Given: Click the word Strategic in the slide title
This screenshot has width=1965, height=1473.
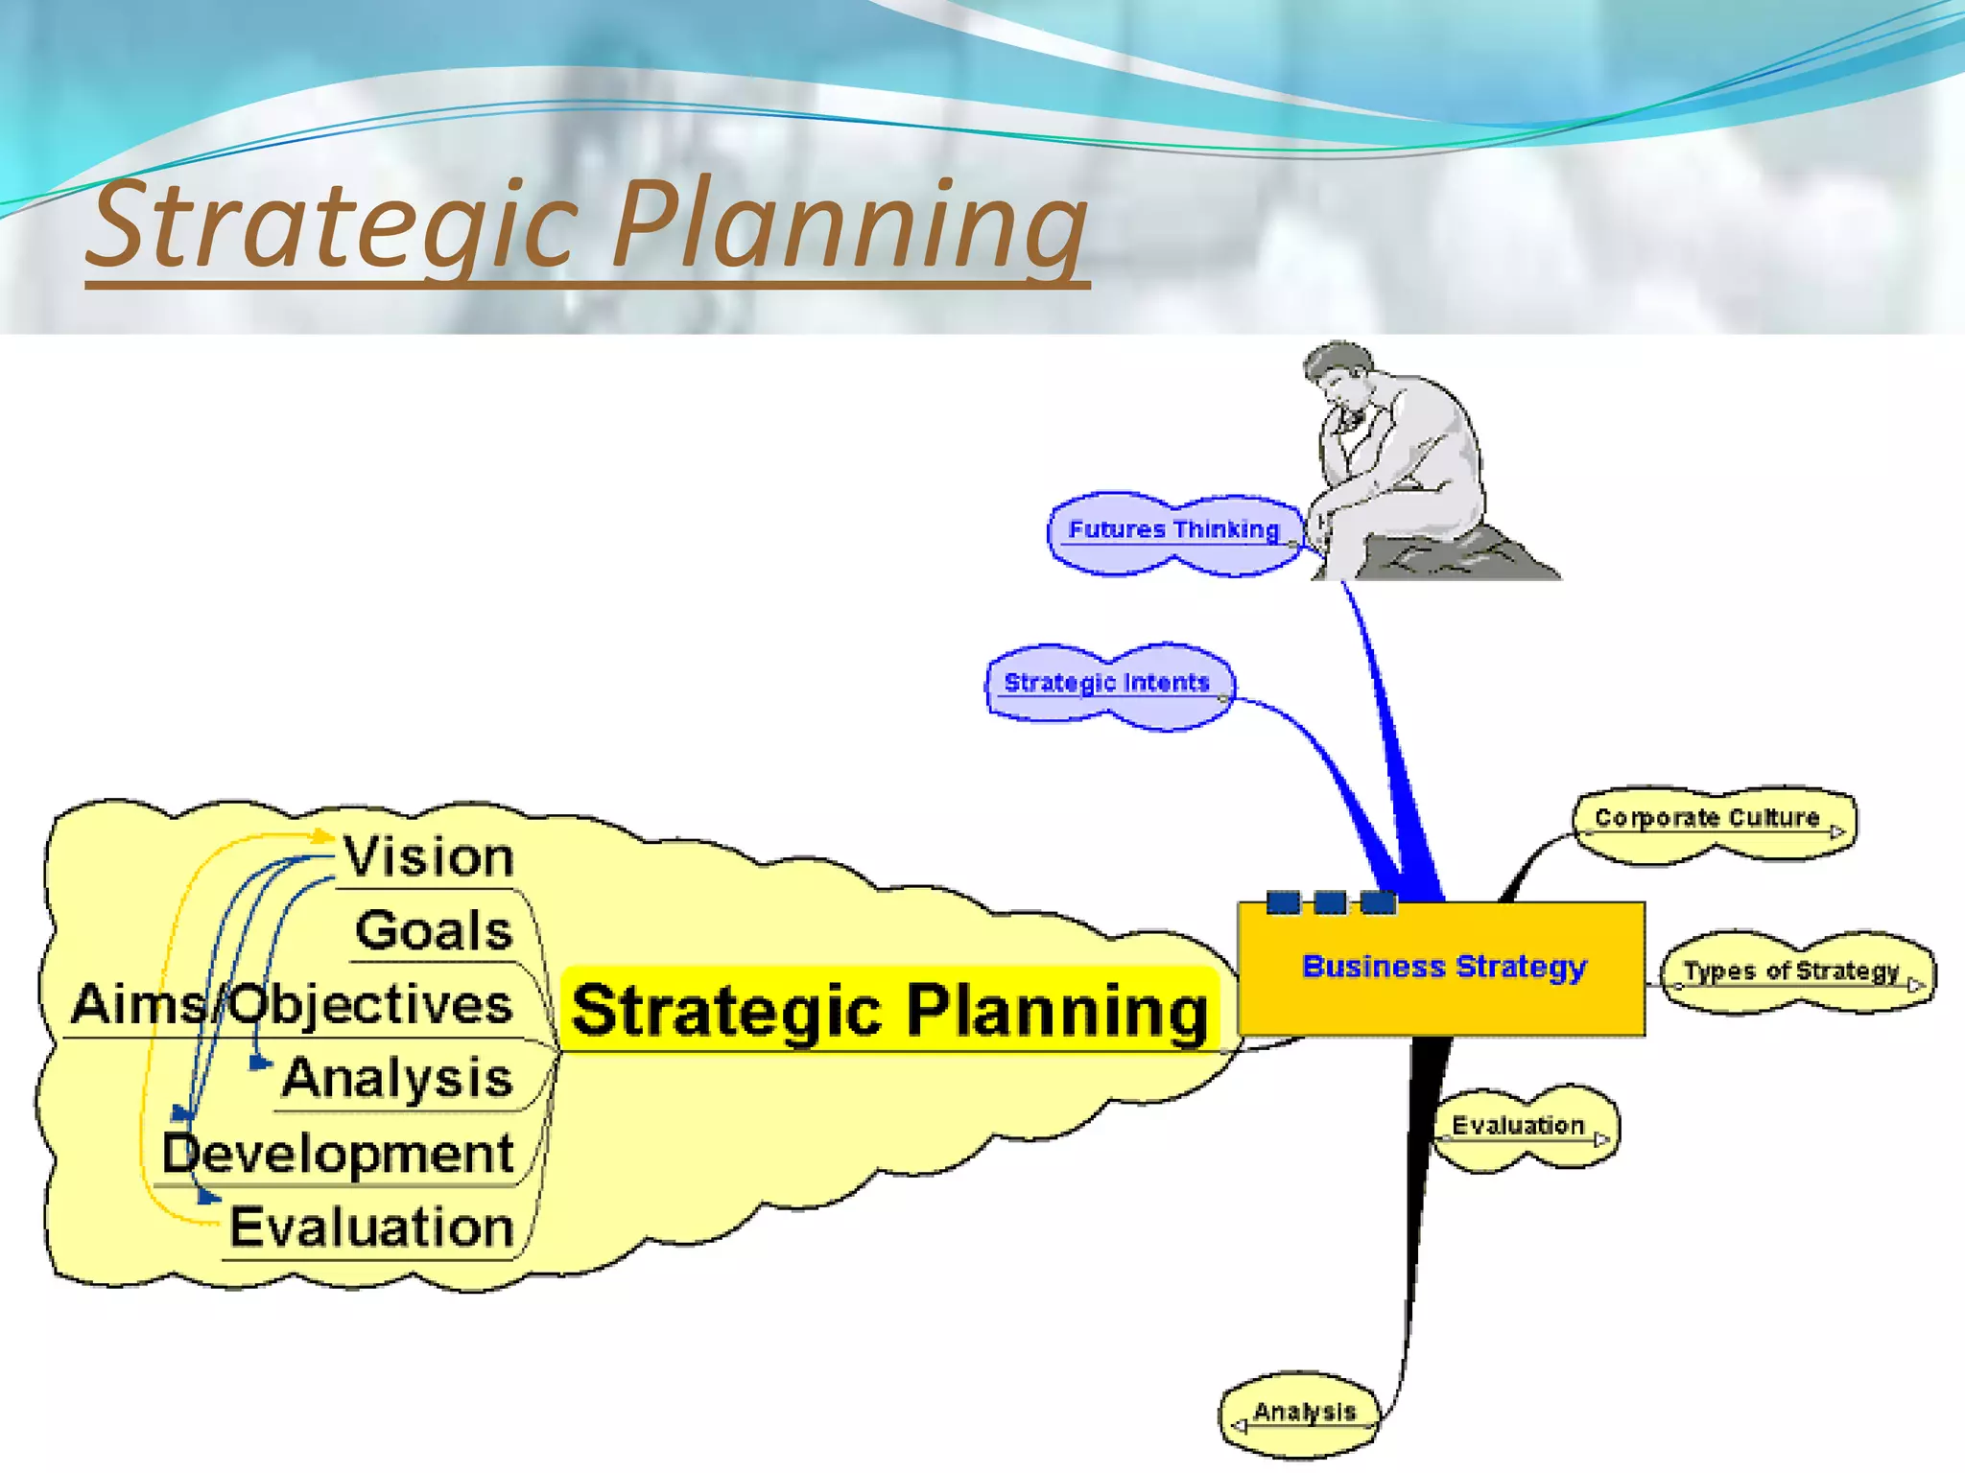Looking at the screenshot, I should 331,226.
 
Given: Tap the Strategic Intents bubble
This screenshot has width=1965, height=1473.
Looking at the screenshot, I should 1107,684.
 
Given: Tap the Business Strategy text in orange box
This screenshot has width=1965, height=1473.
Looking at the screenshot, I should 1444,967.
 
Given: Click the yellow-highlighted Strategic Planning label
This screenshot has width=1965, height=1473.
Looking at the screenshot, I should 888,1011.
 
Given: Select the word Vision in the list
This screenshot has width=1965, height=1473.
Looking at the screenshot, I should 429,856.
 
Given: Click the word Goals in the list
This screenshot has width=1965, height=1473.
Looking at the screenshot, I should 434,930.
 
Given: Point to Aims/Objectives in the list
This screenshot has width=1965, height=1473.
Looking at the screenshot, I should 293,1004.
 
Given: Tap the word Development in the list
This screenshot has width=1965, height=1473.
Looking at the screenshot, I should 338,1153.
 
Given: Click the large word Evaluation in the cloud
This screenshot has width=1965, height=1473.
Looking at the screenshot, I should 371,1227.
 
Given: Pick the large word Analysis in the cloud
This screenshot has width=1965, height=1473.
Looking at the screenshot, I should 397,1078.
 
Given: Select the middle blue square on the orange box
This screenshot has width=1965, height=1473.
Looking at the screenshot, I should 1330,901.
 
